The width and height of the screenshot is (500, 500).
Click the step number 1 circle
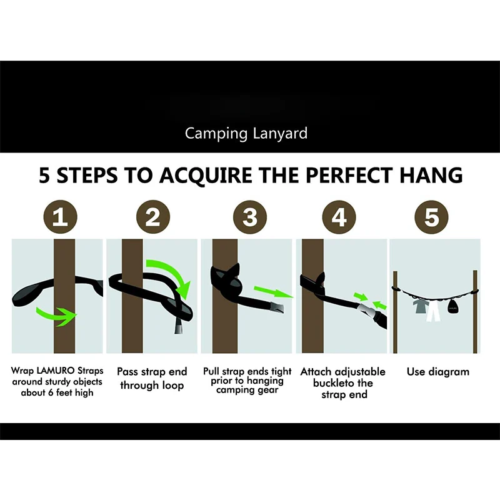61,217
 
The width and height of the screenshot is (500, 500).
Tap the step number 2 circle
152,217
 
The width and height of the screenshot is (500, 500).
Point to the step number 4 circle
339,217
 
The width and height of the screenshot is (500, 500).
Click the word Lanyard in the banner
282,133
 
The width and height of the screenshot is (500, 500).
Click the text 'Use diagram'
437,372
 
